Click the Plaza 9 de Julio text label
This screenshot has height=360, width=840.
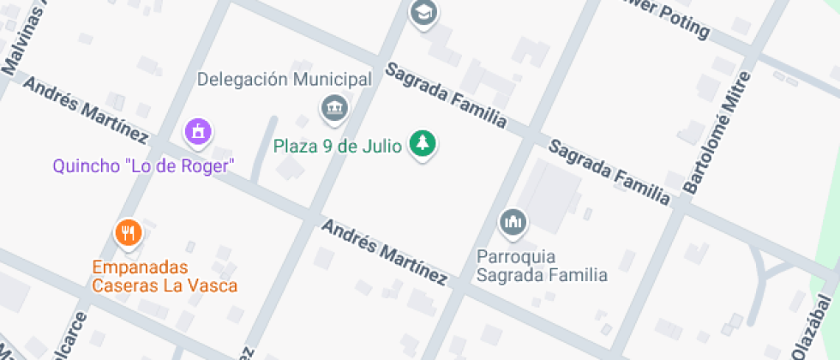point(337,146)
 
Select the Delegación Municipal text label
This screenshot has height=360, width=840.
point(285,80)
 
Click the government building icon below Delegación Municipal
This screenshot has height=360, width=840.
point(333,107)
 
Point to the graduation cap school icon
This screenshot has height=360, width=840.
point(423,12)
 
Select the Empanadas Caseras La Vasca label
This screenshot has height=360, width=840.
point(165,276)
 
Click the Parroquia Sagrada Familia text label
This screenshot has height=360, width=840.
point(542,266)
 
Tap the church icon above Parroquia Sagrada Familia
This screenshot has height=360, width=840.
point(513,223)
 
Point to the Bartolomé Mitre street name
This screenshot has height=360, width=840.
point(717,133)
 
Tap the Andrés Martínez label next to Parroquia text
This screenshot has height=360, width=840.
point(384,251)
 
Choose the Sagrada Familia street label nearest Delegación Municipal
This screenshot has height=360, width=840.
point(445,96)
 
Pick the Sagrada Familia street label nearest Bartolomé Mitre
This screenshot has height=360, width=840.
point(609,172)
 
